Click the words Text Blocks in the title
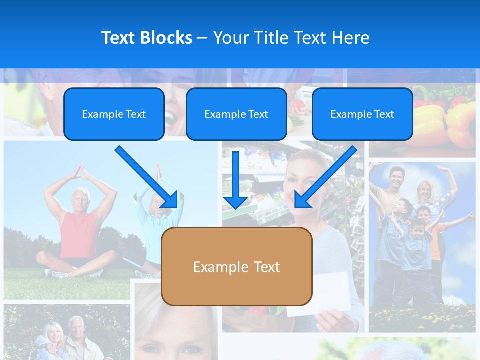146,38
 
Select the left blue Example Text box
114,114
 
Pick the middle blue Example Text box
236,114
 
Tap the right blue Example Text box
362,114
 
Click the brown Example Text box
237,267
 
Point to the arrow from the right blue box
325,177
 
